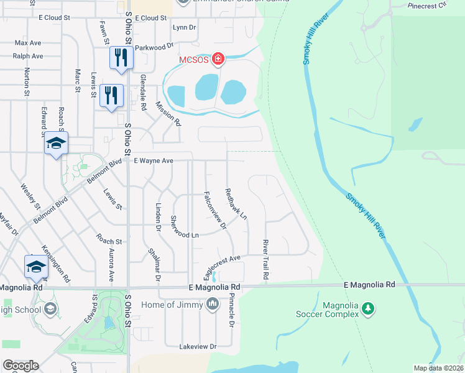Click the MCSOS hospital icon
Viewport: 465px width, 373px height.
[218, 59]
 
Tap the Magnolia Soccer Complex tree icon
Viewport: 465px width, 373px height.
[369, 308]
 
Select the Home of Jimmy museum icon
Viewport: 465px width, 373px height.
[213, 304]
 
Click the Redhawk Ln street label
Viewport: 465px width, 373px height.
[236, 204]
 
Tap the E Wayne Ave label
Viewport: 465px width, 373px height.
[154, 160]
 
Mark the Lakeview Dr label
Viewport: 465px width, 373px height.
[197, 346]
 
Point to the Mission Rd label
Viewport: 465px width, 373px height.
[168, 113]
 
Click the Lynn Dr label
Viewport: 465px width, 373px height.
[184, 27]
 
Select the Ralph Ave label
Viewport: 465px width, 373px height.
[29, 56]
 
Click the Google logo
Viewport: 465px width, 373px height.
[21, 366]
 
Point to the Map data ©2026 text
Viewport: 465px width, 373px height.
[438, 368]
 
